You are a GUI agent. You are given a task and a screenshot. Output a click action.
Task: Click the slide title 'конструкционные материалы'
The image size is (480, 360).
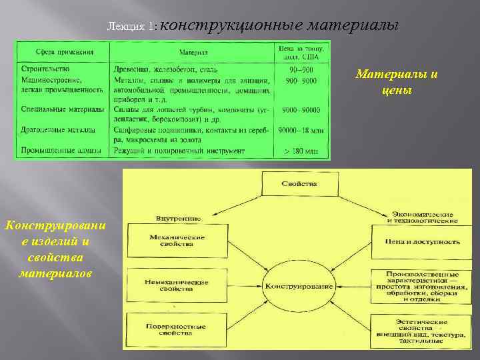[279, 25]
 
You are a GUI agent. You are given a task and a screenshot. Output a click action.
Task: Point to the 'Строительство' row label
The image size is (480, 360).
[45, 69]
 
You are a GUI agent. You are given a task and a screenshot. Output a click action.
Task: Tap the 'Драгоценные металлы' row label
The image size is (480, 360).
[58, 130]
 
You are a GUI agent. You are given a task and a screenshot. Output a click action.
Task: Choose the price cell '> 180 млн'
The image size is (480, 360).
[301, 151]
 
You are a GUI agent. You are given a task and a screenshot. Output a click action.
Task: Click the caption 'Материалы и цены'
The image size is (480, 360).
[397, 82]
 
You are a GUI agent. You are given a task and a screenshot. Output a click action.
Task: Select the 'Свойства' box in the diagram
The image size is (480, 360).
[299, 183]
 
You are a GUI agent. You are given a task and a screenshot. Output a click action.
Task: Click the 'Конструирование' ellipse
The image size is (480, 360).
[299, 285]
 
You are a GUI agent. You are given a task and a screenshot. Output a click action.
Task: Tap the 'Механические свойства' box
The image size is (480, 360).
[176, 240]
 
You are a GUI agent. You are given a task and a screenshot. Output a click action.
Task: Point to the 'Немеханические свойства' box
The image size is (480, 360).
[176, 285]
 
